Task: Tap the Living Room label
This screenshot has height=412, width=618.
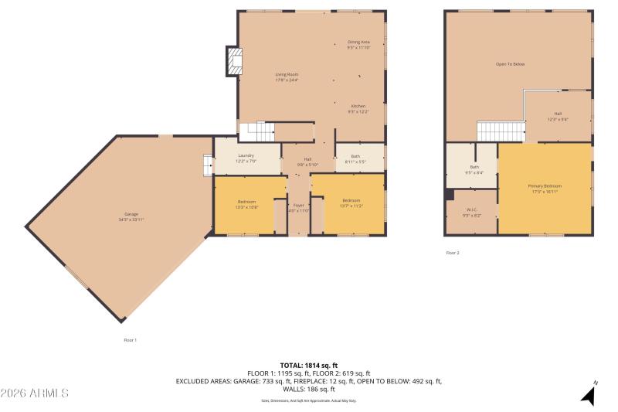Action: tap(287, 77)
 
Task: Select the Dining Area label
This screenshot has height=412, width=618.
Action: tap(358, 45)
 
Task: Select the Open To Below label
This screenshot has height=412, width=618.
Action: tap(510, 64)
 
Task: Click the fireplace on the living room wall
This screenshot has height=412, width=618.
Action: tap(233, 62)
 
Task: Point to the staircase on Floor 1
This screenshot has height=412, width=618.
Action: tap(256, 131)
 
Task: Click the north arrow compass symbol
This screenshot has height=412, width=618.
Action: tap(589, 394)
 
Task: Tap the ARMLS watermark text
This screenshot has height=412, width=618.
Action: tap(35, 393)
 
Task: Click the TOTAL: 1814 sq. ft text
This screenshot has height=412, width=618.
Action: tap(308, 365)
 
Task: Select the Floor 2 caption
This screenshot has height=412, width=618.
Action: tap(453, 253)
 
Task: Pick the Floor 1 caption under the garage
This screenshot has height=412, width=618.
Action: tap(131, 339)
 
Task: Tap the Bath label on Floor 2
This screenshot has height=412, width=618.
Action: tap(474, 169)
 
